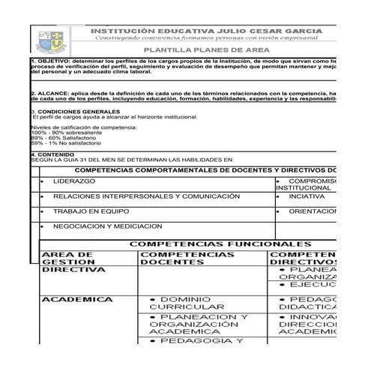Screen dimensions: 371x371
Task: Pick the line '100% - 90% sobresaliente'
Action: pyautogui.click(x=63, y=133)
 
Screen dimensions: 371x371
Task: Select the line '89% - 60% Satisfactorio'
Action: pyautogui.click(x=61, y=139)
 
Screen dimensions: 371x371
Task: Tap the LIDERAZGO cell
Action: pyautogui.click(x=74, y=182)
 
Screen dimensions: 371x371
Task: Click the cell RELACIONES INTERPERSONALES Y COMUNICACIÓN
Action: pyautogui.click(x=145, y=196)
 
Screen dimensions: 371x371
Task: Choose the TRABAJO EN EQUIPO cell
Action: pyautogui.click(x=91, y=211)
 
